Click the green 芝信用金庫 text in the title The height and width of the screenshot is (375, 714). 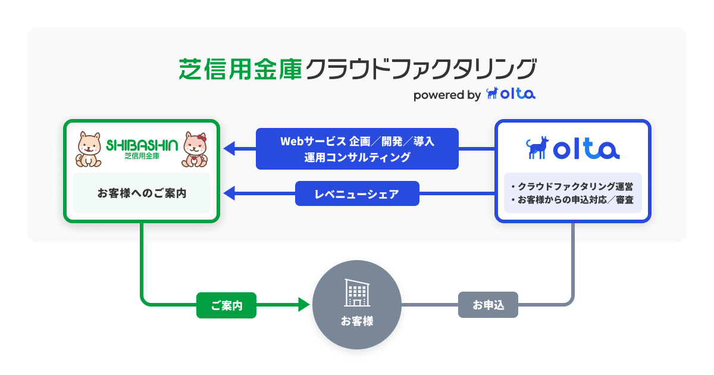point(240,69)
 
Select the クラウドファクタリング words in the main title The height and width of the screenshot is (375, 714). point(419,69)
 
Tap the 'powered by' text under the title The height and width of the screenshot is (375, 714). point(447,95)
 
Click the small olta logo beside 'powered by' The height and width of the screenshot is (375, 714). point(511,93)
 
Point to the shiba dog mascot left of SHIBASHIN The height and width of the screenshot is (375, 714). point(89,149)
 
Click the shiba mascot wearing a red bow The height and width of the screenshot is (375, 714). point(195,149)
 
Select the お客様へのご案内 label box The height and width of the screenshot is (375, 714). point(142,193)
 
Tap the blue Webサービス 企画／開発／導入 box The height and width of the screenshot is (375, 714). point(357,149)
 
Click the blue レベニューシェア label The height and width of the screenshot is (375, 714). point(357,193)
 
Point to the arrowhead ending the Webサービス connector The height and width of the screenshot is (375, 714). point(229,149)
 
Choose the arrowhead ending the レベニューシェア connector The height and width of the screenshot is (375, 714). point(229,193)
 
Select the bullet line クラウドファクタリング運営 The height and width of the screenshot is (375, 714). point(572,186)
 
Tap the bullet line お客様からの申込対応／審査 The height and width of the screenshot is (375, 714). point(572,200)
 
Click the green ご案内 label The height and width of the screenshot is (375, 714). point(226,305)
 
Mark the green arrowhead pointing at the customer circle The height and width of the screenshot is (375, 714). point(304,305)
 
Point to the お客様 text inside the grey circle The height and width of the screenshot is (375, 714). point(357,321)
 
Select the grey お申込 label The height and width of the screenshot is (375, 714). point(488,305)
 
